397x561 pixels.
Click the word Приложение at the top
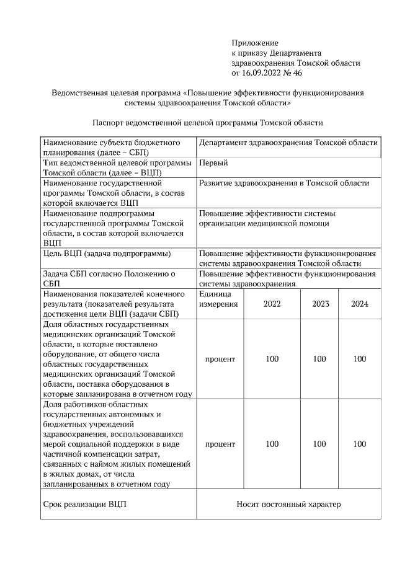coord(254,43)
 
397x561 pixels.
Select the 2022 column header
coord(272,304)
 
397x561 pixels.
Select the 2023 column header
coord(320,304)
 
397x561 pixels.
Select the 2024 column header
coord(360,304)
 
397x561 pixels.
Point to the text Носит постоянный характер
coord(288,505)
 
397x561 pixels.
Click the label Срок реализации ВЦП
coord(84,505)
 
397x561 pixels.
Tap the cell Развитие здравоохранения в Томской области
coord(284,183)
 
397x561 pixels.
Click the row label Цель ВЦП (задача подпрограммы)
coord(107,254)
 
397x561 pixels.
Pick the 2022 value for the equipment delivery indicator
coord(272,359)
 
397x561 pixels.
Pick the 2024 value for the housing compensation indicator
coord(360,444)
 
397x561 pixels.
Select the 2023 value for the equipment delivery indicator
coord(320,359)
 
